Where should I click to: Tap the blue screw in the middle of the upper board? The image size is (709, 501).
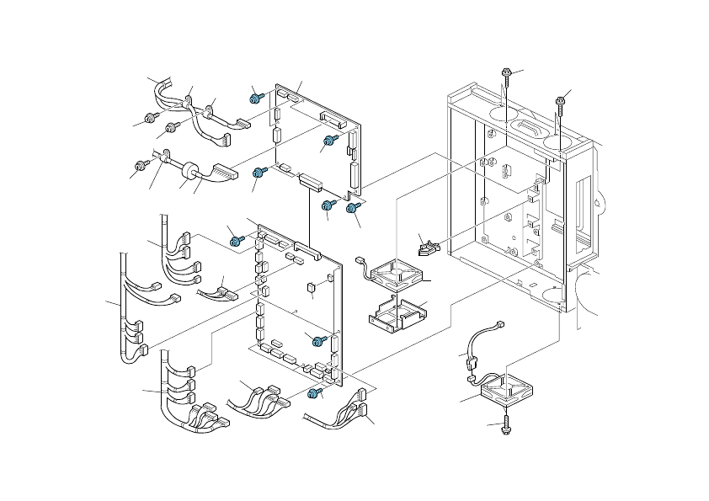click(x=331, y=140)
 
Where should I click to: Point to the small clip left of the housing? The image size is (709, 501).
click(x=429, y=247)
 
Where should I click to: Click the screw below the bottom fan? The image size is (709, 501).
click(x=508, y=426)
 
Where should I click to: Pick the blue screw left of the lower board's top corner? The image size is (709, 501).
click(x=237, y=242)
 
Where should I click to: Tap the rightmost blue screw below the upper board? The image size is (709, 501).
click(x=354, y=207)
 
